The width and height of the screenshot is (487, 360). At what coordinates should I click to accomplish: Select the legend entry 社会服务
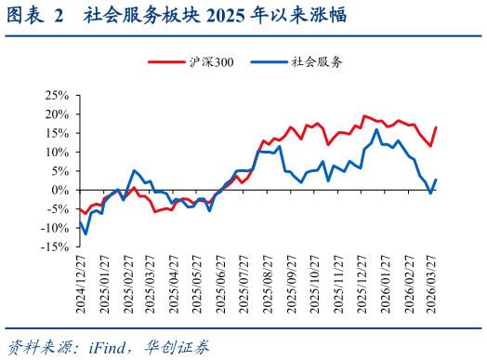[317, 62]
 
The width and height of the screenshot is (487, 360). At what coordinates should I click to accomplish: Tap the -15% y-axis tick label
[55, 247]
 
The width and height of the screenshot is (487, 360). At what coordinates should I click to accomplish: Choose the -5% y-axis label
[58, 208]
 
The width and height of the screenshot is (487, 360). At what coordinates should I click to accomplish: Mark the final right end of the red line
[436, 127]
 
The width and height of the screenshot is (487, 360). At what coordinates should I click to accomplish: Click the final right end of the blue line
[436, 180]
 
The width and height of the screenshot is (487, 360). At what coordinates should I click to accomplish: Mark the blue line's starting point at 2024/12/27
[79, 220]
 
